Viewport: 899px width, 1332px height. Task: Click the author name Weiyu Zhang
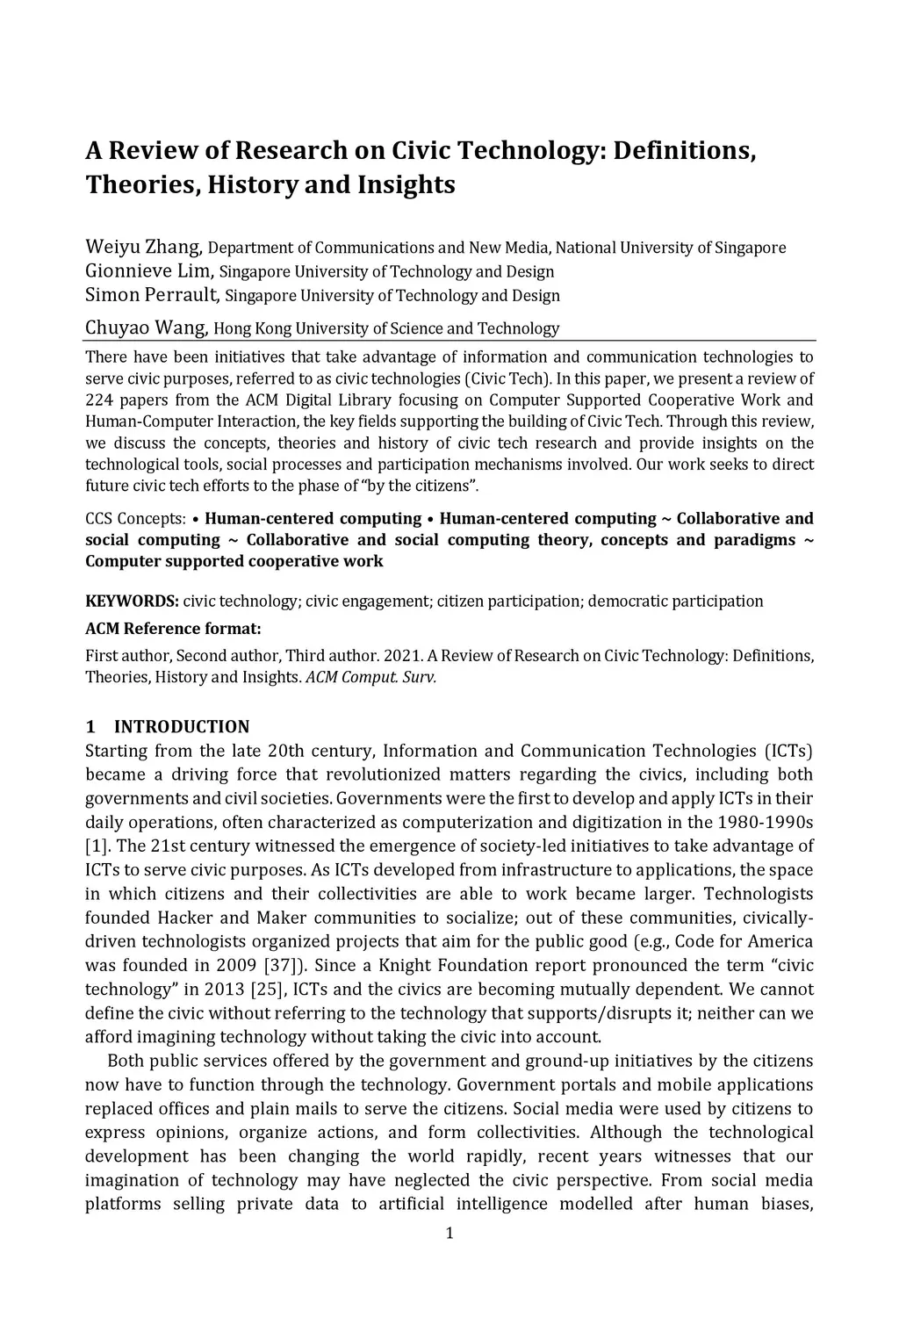point(145,247)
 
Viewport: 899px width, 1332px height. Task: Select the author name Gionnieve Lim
point(148,270)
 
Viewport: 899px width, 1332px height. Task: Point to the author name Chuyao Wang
point(146,328)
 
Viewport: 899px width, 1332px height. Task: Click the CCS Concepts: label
point(135,519)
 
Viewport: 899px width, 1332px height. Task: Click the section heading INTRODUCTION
point(182,727)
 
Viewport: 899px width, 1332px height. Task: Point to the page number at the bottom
point(449,1234)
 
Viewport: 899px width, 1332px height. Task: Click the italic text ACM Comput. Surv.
point(370,677)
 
